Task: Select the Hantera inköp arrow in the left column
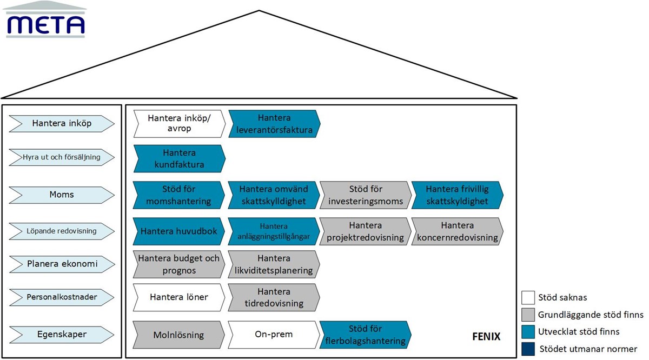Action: [62, 123]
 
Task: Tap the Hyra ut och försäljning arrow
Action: [62, 157]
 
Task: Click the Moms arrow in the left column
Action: [62, 194]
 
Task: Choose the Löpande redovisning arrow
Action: [62, 231]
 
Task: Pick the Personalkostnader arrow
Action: [62, 297]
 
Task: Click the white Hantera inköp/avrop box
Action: [178, 123]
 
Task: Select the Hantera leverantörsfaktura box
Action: [274, 123]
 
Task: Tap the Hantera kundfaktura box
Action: [178, 159]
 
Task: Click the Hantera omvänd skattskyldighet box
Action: [274, 195]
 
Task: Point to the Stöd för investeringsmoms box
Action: [365, 195]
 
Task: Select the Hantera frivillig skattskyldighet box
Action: [457, 195]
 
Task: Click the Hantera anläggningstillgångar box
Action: [274, 231]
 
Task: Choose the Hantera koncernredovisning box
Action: [457, 231]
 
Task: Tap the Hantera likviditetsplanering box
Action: [274, 264]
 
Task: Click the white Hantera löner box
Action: [178, 297]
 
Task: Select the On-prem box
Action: [274, 335]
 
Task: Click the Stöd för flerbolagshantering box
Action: [365, 335]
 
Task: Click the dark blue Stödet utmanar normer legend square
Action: [528, 349]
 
